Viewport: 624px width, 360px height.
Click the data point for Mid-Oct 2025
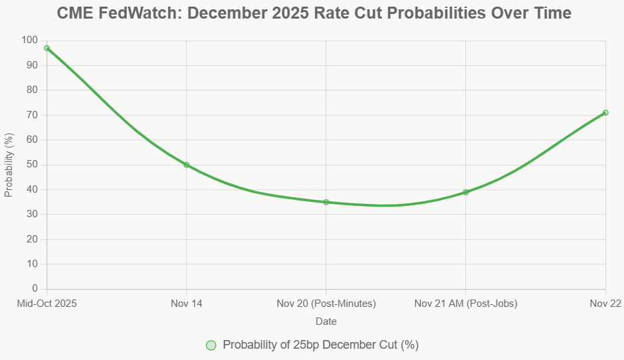tap(47, 48)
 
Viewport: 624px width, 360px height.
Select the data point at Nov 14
tap(186, 165)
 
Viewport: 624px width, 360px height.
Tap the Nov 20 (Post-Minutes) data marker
tap(326, 202)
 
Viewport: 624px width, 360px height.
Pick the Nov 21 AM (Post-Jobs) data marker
tap(466, 192)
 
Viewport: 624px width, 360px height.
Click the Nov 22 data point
tap(605, 112)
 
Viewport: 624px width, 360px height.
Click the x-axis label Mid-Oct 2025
tap(47, 304)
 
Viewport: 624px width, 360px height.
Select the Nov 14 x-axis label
tap(186, 304)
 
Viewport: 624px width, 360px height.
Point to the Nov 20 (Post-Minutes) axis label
tap(326, 304)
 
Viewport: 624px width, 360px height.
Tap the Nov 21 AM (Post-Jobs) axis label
tap(466, 304)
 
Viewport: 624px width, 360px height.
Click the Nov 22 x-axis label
tap(605, 304)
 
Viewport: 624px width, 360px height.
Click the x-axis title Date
tap(326, 321)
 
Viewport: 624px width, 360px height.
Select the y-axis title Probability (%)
tap(9, 165)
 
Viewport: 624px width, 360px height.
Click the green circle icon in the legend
tap(211, 345)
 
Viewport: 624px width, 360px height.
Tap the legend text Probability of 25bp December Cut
tap(320, 345)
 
